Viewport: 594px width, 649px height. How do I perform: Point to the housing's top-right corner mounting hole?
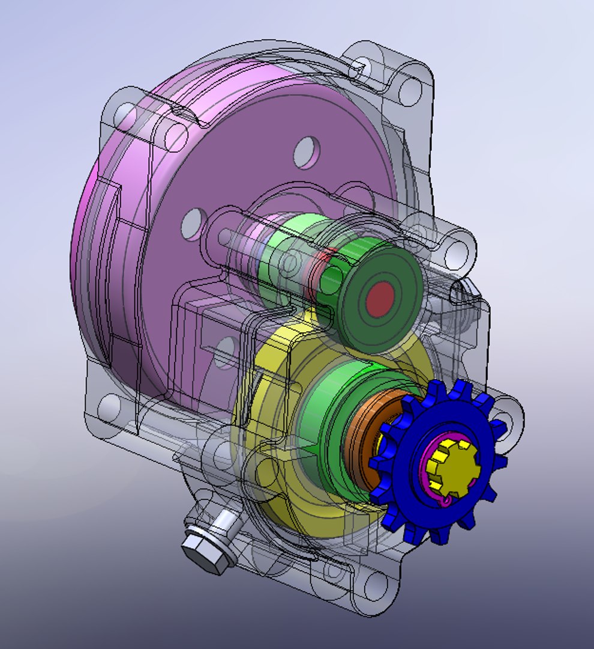(410, 88)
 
